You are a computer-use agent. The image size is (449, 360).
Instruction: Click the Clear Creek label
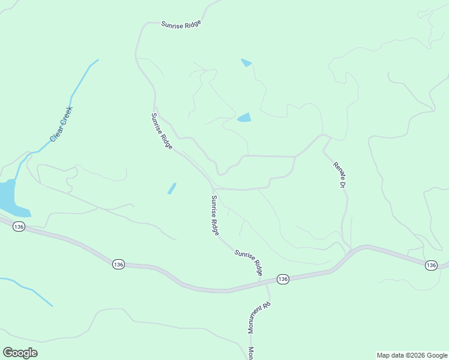[x=61, y=124]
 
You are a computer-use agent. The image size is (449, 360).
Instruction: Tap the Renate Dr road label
[x=338, y=175]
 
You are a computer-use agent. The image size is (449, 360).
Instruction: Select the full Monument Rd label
[x=259, y=317]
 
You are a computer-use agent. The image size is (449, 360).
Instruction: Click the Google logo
[x=20, y=353]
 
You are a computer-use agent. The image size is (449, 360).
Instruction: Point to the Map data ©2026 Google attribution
[x=412, y=355]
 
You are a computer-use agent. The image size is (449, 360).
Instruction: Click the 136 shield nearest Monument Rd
[x=283, y=279]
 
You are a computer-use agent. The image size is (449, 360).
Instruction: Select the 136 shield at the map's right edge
[x=430, y=265]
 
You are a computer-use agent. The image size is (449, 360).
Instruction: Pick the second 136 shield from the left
[x=118, y=264]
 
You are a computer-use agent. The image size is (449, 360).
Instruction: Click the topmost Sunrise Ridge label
[x=181, y=24]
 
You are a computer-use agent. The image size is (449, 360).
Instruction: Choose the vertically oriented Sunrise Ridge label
[x=215, y=215]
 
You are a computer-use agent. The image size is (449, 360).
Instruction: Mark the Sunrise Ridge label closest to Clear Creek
[x=162, y=131]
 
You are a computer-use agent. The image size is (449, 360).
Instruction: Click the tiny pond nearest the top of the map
[x=246, y=62]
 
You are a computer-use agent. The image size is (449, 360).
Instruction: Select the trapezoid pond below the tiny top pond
[x=244, y=118]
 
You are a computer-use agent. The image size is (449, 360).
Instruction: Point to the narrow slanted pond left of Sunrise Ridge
[x=172, y=188]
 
